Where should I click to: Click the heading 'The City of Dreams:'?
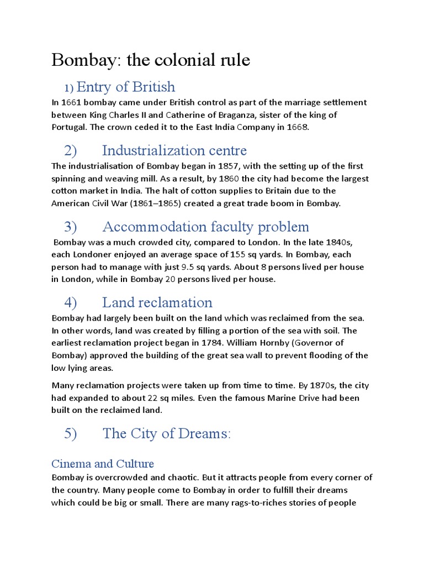click(x=166, y=434)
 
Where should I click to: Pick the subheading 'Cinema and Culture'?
click(x=103, y=463)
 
